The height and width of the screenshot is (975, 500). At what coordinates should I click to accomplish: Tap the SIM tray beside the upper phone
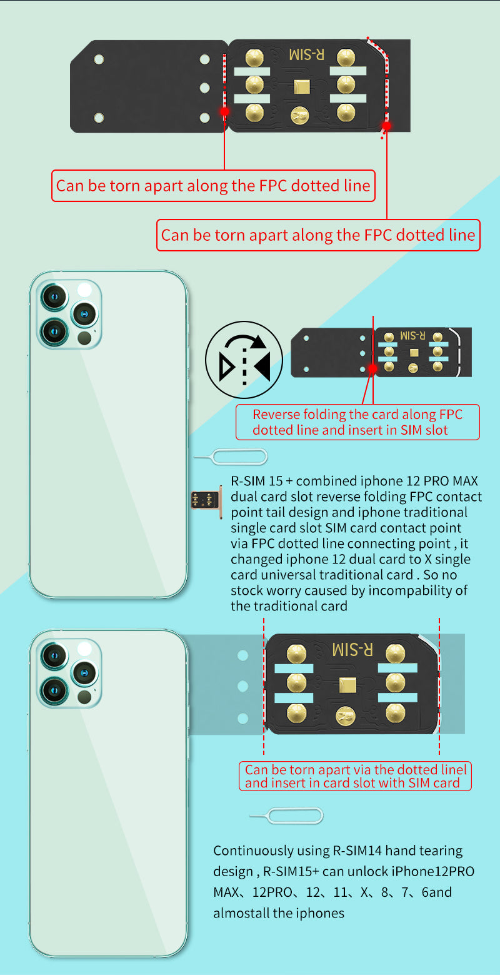[207, 501]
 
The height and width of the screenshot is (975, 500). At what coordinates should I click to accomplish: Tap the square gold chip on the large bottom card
[348, 684]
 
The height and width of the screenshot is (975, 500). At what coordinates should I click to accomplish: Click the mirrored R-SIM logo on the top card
[307, 54]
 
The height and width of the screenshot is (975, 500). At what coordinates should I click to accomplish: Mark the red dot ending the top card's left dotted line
[224, 111]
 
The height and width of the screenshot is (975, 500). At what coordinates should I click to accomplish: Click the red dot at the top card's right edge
[387, 125]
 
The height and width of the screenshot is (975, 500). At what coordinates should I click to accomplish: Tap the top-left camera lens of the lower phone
[54, 655]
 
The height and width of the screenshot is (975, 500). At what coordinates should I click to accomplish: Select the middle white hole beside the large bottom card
[243, 687]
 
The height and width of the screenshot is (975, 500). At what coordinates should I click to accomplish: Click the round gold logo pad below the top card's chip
[300, 114]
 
